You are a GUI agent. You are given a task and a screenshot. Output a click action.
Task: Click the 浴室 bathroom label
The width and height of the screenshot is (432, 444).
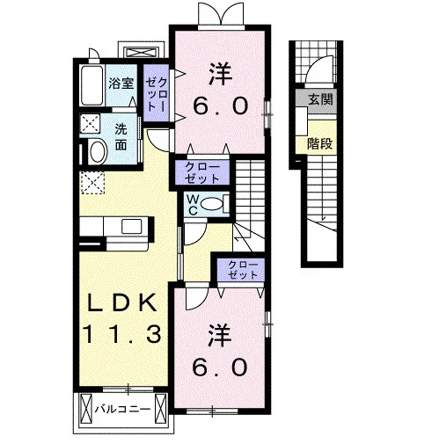pyautogui.click(x=121, y=84)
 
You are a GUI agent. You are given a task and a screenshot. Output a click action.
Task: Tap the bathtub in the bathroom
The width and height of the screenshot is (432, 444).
pyautogui.click(x=92, y=85)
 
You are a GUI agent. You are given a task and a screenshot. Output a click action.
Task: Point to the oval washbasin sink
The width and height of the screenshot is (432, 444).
pyautogui.click(x=99, y=152)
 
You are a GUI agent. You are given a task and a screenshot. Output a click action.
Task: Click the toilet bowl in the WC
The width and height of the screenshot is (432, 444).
pyautogui.click(x=212, y=203)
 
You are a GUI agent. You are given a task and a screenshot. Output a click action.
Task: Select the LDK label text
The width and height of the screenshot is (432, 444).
pyautogui.click(x=122, y=303)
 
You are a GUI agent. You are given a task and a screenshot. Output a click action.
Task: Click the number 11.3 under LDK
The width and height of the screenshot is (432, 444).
pyautogui.click(x=122, y=334)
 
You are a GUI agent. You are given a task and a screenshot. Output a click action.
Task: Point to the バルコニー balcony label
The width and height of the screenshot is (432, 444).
pyautogui.click(x=122, y=409)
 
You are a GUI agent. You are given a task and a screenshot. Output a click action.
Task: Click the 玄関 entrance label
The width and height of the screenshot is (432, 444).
pyautogui.click(x=320, y=99)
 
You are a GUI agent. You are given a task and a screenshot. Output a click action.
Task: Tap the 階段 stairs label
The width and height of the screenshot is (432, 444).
pyautogui.click(x=319, y=143)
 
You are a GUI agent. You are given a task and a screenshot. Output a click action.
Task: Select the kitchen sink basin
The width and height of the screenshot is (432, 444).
pyautogui.click(x=132, y=226)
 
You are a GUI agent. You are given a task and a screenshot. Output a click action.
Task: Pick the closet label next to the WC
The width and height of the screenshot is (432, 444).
pyautogui.click(x=202, y=173)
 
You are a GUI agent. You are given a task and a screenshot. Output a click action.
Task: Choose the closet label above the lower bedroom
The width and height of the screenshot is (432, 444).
pyautogui.click(x=243, y=270)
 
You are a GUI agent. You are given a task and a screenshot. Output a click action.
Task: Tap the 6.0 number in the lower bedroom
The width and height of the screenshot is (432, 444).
pyautogui.click(x=220, y=368)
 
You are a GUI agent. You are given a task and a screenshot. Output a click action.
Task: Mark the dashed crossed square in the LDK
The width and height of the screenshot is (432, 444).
pyautogui.click(x=92, y=183)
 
